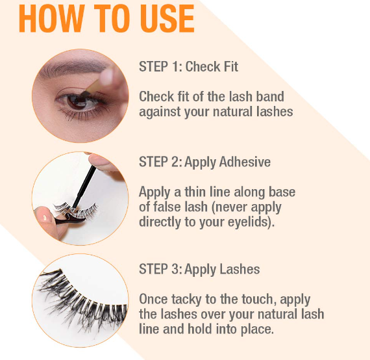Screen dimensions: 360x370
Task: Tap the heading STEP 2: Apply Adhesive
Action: [x=204, y=162]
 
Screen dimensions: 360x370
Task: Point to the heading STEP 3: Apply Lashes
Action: [x=199, y=269]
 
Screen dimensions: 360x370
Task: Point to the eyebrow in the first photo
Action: [x=71, y=70]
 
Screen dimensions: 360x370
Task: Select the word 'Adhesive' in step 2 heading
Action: [x=243, y=162]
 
